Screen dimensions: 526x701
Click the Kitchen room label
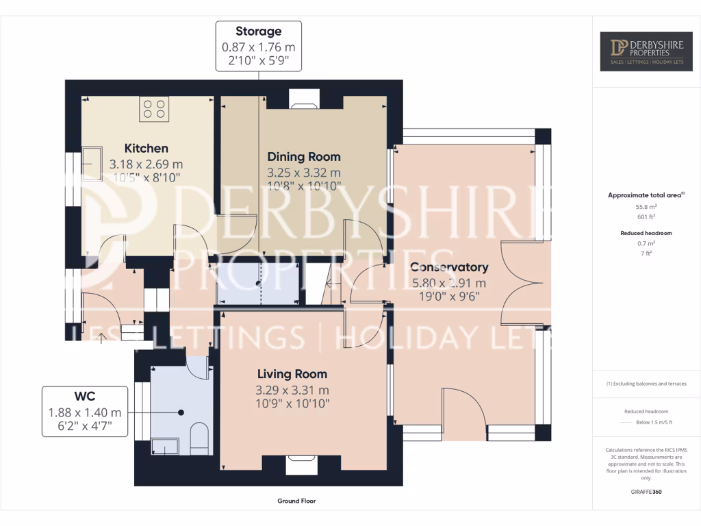click(146, 148)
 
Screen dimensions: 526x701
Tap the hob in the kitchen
click(154, 109)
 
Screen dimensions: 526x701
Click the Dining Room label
click(303, 157)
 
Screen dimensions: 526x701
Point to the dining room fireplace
click(304, 100)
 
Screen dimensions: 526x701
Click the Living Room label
click(292, 374)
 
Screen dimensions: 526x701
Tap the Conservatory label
click(448, 267)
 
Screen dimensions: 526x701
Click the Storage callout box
click(259, 46)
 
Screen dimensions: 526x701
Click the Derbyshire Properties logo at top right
click(646, 51)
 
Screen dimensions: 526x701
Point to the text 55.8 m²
click(647, 206)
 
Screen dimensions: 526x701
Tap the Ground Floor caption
click(296, 501)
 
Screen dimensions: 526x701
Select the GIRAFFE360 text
click(646, 492)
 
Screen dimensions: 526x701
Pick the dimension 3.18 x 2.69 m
click(146, 164)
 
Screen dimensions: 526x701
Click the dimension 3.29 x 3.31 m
click(292, 390)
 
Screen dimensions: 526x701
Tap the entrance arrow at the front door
click(102, 336)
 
